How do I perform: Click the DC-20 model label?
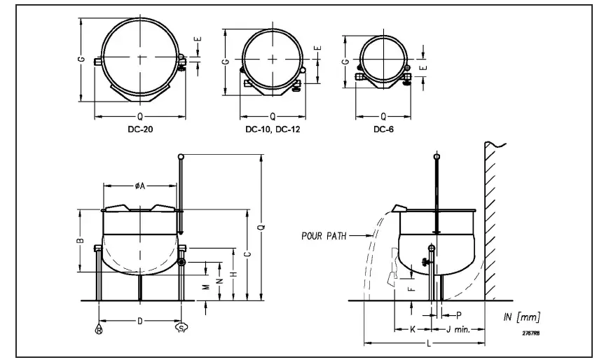(x=139, y=130)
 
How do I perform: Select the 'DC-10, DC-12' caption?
(x=273, y=130)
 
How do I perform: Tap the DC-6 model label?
(x=383, y=130)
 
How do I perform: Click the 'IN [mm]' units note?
(x=521, y=318)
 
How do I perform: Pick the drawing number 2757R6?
(x=530, y=333)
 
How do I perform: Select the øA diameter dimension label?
(x=139, y=186)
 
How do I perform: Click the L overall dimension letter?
(x=427, y=344)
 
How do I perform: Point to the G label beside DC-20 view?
(x=82, y=60)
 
